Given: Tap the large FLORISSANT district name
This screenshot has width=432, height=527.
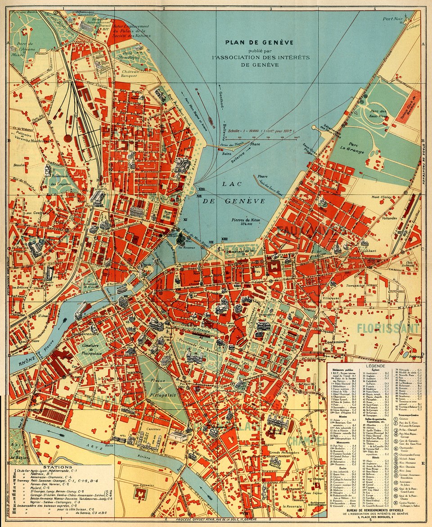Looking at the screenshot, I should coord(388,328).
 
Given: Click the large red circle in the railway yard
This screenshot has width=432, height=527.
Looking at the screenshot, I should coord(68,139).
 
